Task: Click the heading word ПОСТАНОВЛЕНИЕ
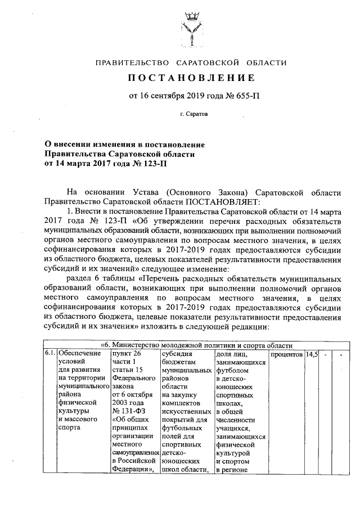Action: [x=194, y=77]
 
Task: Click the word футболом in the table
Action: [x=232, y=371]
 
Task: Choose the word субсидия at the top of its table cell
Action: [x=176, y=354]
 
